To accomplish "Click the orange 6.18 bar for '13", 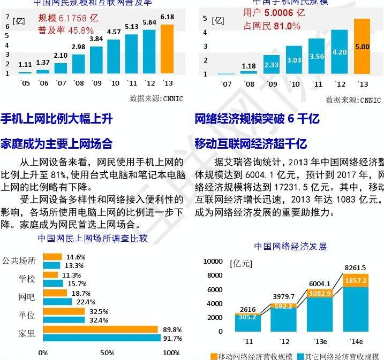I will click(x=167, y=49).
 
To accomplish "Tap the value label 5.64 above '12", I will click(x=149, y=22).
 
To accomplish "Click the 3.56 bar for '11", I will click(x=317, y=56).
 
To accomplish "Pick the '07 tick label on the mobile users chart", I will click(x=226, y=84).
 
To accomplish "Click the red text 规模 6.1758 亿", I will click(x=68, y=18).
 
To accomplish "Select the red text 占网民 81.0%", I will click(x=272, y=26).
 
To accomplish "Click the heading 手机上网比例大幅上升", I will click(x=57, y=119).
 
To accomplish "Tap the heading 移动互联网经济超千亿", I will click(x=251, y=143).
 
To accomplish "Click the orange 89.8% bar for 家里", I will click(x=100, y=330).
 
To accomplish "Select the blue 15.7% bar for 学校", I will click(x=52, y=284).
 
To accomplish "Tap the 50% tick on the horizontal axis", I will click(x=107, y=353).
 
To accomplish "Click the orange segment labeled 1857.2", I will click(x=356, y=280).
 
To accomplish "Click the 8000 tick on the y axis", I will click(x=214, y=275).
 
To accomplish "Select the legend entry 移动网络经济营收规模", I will click(x=251, y=356).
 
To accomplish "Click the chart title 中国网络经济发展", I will click(x=290, y=247).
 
